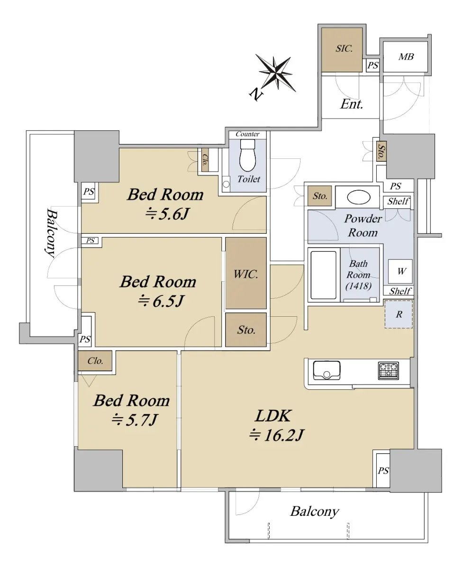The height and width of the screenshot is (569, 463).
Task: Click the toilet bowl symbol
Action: point(247,156)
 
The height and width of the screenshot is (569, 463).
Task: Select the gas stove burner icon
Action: point(388,371)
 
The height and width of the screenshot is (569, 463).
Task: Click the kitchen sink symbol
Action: point(327,370)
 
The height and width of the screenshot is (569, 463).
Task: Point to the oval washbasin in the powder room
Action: point(359,197)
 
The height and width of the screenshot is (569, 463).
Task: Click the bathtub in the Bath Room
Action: point(323,275)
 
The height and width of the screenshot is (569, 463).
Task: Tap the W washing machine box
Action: point(400,271)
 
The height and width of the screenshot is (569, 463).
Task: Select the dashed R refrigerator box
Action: point(399,314)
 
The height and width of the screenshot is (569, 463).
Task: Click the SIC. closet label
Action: point(344,49)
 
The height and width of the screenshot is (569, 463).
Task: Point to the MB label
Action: point(406,56)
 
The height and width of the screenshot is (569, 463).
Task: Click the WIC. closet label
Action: point(245,275)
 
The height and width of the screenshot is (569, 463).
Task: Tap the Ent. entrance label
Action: point(351,104)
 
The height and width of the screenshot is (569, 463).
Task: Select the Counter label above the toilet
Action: point(247,134)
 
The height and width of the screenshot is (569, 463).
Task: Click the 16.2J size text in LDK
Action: point(283,435)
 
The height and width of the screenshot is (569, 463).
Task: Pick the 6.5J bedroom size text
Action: point(168,301)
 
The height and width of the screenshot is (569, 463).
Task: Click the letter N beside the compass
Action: point(256,94)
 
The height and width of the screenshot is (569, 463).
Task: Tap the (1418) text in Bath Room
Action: point(358,286)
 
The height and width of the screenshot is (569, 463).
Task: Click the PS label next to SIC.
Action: point(373,65)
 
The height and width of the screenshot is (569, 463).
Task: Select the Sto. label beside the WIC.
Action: point(246,330)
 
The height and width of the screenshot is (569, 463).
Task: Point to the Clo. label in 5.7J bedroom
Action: point(95,361)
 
